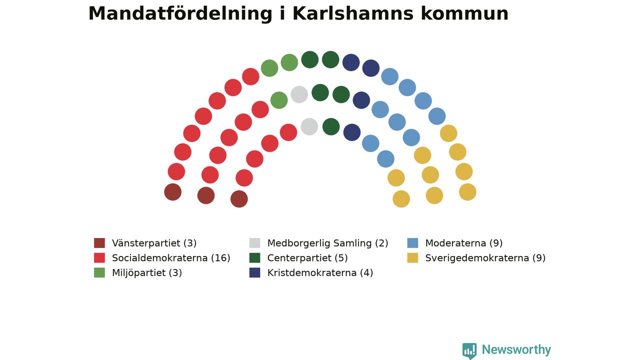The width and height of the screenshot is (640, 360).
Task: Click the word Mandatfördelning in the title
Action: [180, 14]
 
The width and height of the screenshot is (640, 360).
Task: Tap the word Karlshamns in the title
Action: [353, 13]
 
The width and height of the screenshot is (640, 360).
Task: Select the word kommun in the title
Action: [464, 13]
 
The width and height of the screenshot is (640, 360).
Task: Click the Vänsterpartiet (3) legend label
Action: [154, 243]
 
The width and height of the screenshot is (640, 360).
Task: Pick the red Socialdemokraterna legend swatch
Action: [99, 257]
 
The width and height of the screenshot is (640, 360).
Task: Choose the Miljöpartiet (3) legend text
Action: [147, 273]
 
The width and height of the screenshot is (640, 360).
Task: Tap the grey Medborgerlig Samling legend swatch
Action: [254, 243]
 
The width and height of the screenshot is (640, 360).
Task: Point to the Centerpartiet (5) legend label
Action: [307, 258]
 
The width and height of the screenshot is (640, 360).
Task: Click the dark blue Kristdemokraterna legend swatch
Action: [254, 272]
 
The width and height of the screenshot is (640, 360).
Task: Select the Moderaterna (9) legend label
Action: [463, 243]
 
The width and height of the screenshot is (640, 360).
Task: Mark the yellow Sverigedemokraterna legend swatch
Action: [412, 257]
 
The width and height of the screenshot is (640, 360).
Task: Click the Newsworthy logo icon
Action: [469, 351]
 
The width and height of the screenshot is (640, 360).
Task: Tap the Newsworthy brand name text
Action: [516, 349]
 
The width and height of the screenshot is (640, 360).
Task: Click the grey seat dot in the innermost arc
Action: [309, 126]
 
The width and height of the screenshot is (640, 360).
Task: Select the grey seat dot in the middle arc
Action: [299, 94]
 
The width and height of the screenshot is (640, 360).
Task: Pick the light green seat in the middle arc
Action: [279, 100]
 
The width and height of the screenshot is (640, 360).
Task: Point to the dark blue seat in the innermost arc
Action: [351, 132]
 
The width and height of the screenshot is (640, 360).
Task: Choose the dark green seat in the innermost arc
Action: [331, 126]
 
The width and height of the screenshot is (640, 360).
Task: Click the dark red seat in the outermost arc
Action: [173, 192]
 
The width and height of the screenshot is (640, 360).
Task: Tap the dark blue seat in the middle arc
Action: [361, 100]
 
